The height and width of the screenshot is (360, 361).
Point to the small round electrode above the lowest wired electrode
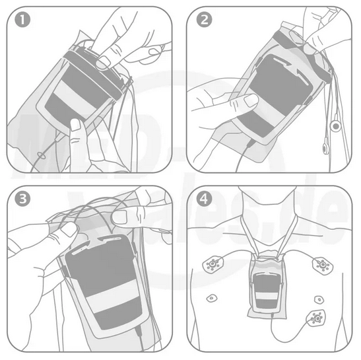pyautogui.click(x=319, y=299)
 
